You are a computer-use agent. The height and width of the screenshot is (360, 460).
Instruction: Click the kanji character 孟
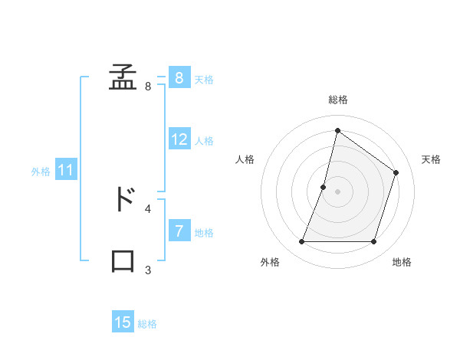point(123,78)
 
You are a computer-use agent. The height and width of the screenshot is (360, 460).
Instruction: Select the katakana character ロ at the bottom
point(123,260)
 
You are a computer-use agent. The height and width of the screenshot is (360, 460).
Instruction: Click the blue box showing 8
point(179,77)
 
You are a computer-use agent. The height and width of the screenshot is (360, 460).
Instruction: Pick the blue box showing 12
point(179,139)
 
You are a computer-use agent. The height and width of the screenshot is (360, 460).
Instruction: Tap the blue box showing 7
point(179,231)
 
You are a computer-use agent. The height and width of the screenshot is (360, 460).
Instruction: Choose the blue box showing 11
point(65,170)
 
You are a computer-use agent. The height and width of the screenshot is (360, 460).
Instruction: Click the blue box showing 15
point(123,322)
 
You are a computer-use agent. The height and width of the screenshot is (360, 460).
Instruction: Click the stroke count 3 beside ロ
point(148,270)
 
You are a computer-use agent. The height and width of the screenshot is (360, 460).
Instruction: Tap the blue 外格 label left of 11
point(41,172)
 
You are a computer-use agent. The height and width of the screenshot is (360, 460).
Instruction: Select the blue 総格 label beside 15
point(147,324)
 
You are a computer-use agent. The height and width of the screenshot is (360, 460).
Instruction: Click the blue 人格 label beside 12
point(204,141)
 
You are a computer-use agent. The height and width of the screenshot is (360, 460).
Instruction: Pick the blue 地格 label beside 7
point(204,233)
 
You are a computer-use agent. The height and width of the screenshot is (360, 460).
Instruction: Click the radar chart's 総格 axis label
point(337,100)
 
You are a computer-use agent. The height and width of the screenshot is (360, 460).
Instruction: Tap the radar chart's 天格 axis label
point(431,159)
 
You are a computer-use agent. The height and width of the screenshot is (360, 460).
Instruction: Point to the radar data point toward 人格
point(324,187)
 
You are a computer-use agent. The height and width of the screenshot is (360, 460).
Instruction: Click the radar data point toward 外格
point(301,242)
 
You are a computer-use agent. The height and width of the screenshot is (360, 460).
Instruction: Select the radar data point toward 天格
point(396,172)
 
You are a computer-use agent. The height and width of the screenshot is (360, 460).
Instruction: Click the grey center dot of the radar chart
point(337,191)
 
